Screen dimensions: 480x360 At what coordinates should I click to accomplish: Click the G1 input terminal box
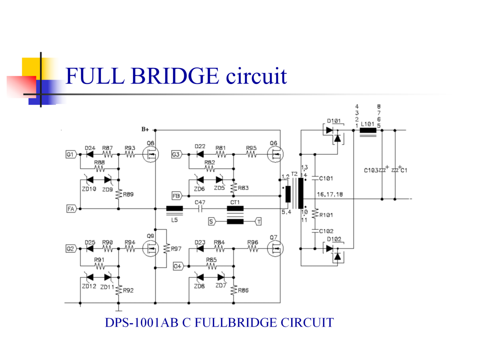pyautogui.click(x=71, y=154)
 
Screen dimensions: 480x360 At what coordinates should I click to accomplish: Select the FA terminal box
pyautogui.click(x=71, y=209)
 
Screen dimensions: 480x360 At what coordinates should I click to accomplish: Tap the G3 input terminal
pyautogui.click(x=176, y=154)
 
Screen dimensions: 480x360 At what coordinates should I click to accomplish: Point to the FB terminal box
pyautogui.click(x=177, y=196)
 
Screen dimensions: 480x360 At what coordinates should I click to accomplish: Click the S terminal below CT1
pyautogui.click(x=212, y=221)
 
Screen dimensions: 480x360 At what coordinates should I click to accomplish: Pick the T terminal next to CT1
pyautogui.click(x=258, y=221)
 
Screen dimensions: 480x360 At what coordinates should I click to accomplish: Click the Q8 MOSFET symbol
pyautogui.click(x=151, y=154)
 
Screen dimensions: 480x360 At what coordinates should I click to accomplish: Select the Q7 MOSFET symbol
pyautogui.click(x=275, y=248)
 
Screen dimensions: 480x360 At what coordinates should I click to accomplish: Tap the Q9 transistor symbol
pyautogui.click(x=151, y=248)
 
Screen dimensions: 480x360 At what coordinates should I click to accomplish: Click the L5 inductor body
pyautogui.click(x=175, y=209)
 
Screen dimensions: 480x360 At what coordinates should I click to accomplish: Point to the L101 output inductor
pyautogui.click(x=368, y=130)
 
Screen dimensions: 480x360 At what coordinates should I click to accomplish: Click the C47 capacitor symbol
pyautogui.click(x=200, y=209)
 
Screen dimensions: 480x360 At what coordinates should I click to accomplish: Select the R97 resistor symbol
pyautogui.click(x=167, y=248)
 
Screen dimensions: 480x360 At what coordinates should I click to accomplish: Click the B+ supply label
pyautogui.click(x=145, y=129)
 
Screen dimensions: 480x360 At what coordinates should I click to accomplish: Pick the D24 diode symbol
pyautogui.click(x=90, y=154)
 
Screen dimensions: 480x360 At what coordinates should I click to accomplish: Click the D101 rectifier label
pyautogui.click(x=334, y=121)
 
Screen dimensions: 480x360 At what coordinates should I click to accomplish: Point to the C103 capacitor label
pyautogui.click(x=371, y=171)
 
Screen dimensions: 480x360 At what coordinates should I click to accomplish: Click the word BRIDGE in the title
pyautogui.click(x=175, y=76)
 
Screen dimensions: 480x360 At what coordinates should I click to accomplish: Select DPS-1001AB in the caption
pyautogui.click(x=141, y=323)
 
